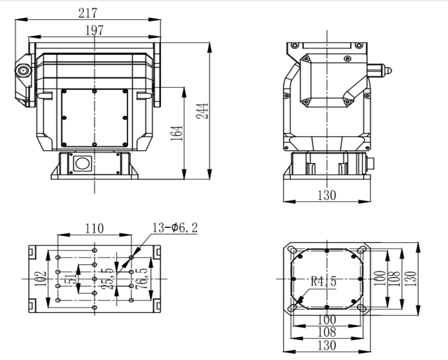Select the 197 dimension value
coord(94,30)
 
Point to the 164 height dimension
coord(178,134)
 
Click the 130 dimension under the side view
coord(327,195)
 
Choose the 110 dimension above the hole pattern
coord(94,228)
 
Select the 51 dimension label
coord(74,278)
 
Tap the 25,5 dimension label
coord(111,278)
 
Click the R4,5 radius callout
coord(323,281)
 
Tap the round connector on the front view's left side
coord(23,72)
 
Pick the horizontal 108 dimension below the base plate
coord(327,332)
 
